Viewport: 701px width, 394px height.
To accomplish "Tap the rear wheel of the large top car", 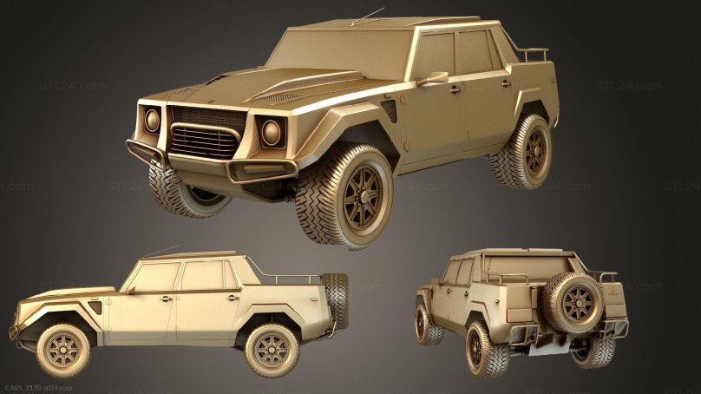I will [x=522, y=153].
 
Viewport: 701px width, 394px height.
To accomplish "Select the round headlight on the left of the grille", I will [x=153, y=121].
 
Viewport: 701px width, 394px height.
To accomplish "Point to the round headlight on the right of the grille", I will [x=272, y=132].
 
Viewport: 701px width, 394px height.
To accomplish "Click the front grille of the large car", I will [x=206, y=132].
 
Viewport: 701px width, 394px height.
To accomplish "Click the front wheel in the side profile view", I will [x=62, y=349].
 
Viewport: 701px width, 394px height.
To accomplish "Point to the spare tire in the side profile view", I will [x=334, y=299].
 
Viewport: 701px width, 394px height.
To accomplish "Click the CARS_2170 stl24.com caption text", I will [x=39, y=387].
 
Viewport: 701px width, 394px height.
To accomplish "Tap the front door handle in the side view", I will [x=165, y=299].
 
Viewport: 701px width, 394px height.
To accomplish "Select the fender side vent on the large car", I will [x=390, y=111].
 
